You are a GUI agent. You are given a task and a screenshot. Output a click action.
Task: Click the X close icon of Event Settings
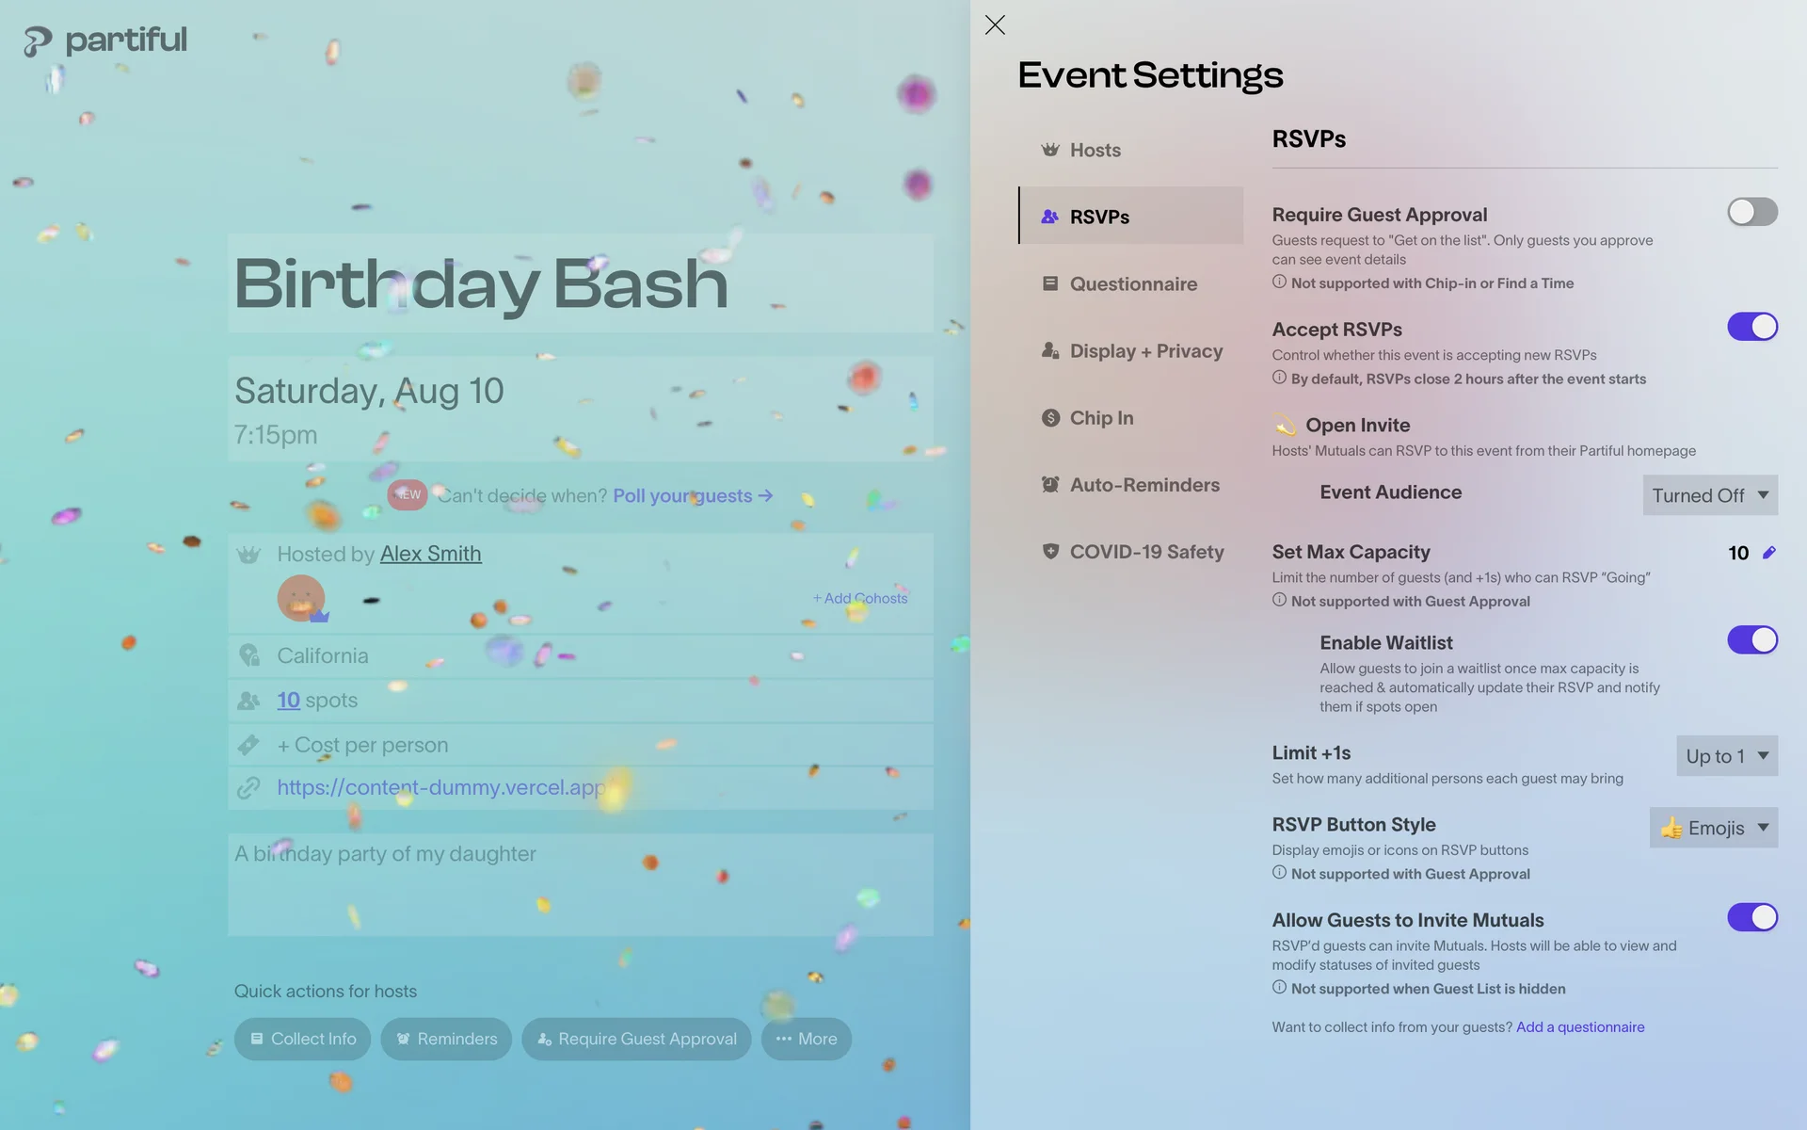click(995, 24)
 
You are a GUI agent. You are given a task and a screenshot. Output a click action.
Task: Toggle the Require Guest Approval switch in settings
click(1751, 212)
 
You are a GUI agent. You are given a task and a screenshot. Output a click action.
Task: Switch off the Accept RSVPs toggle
click(1751, 327)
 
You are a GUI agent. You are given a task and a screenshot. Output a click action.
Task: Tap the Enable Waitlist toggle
click(1751, 640)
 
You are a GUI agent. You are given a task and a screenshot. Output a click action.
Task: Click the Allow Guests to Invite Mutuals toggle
click(1751, 917)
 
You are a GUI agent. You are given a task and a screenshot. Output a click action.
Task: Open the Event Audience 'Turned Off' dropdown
click(1710, 495)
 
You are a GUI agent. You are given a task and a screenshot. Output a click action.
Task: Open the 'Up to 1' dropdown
click(1727, 756)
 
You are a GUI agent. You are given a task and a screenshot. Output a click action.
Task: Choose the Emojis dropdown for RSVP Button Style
click(1713, 828)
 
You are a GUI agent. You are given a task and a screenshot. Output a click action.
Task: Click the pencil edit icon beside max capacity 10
click(1769, 553)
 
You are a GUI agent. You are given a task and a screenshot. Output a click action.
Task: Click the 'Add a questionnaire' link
click(1580, 1027)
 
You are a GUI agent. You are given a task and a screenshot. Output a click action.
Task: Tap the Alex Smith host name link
click(430, 554)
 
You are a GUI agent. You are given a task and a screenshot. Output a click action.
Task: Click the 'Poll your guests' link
click(693, 495)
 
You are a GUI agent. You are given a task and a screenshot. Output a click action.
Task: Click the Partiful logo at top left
click(105, 40)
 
